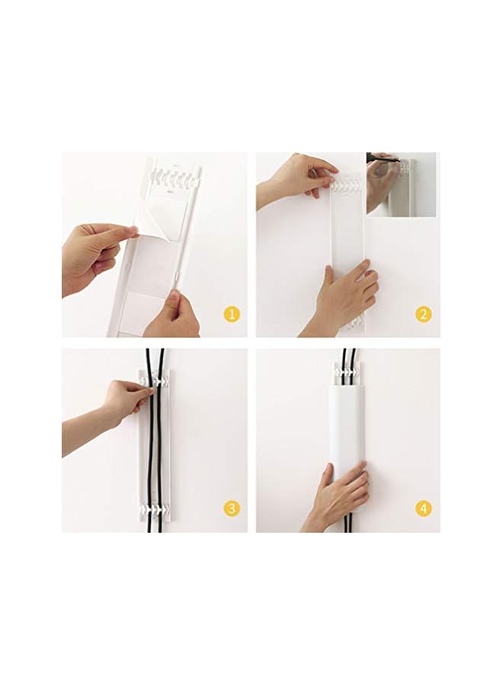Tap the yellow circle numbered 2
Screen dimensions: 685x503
[424, 314]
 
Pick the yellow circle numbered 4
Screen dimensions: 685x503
[424, 508]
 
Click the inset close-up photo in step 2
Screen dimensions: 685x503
[401, 184]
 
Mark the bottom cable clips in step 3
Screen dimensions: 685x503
[155, 508]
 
